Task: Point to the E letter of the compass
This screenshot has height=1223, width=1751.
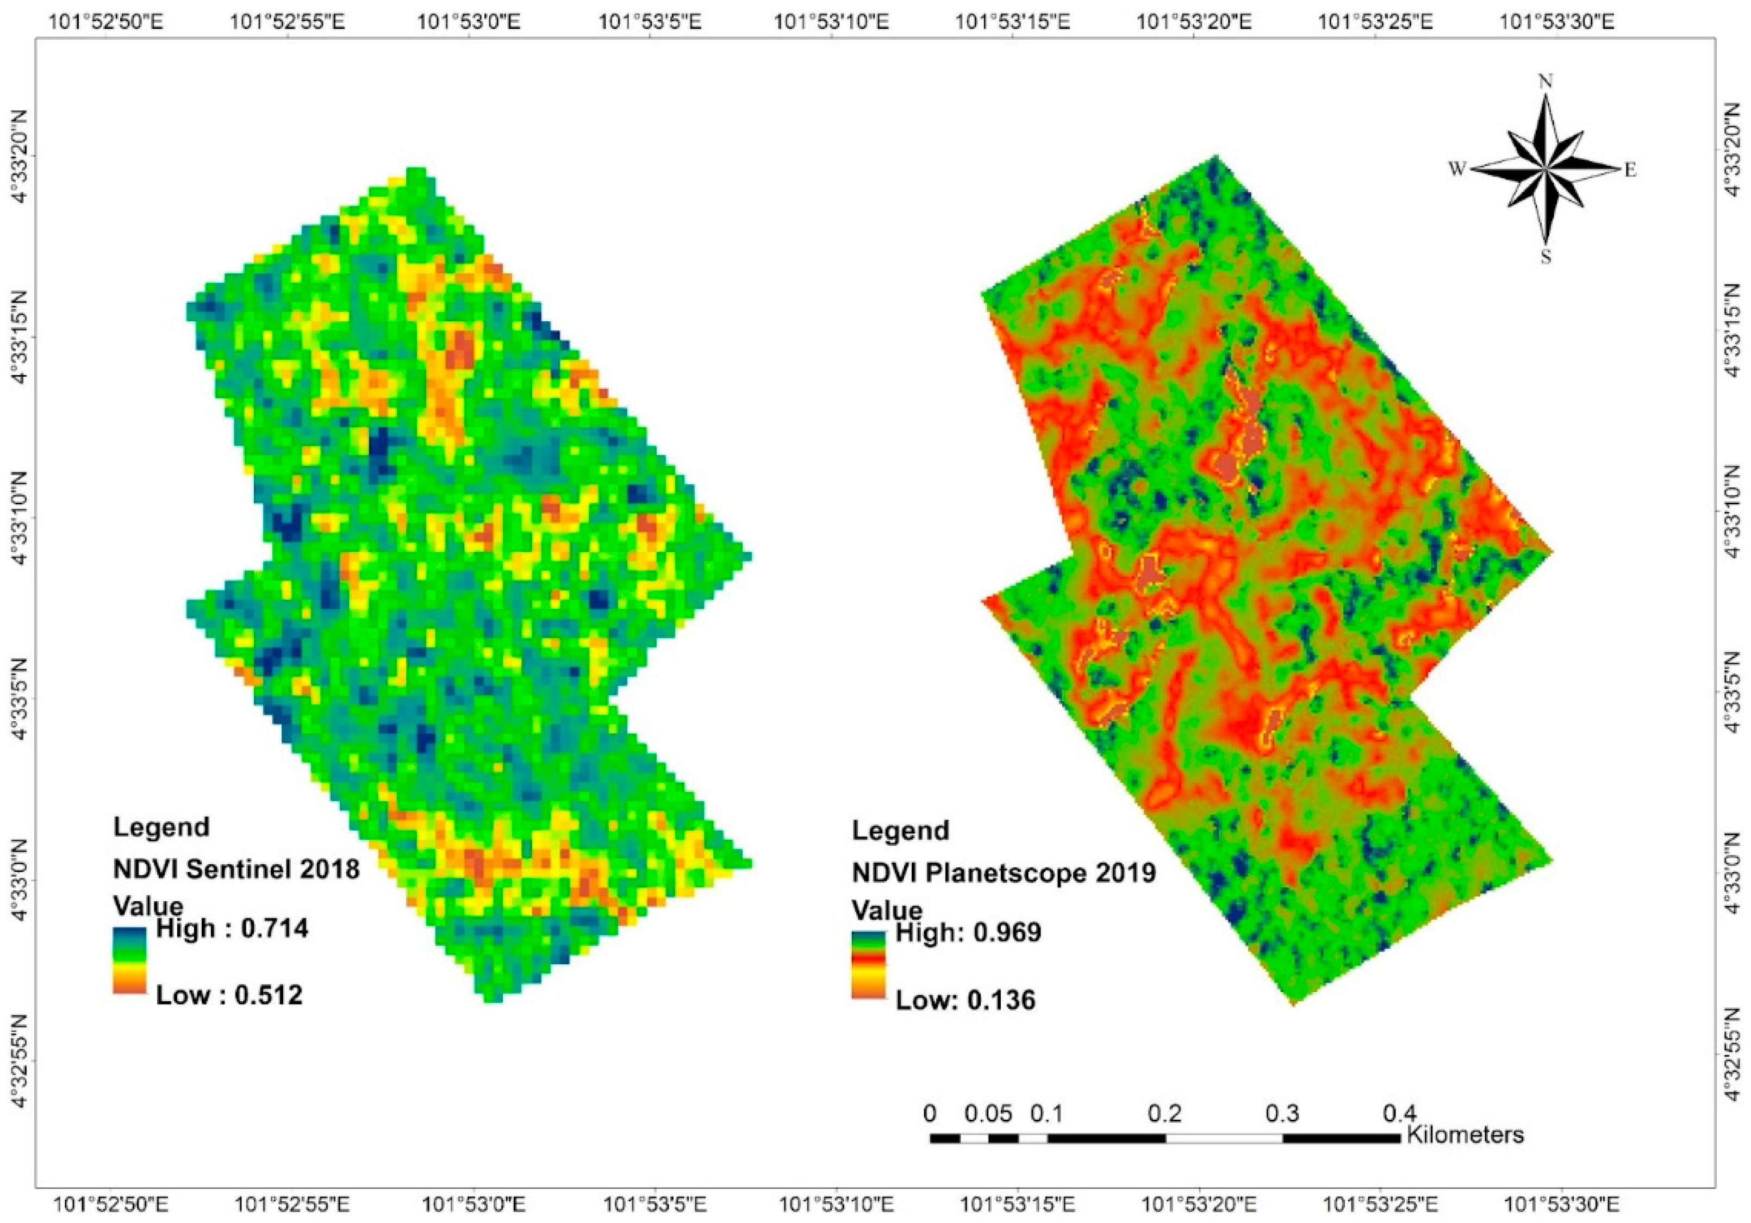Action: (x=1630, y=170)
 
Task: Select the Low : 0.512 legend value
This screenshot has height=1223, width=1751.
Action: (x=229, y=995)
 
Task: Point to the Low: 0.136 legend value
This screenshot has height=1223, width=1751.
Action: (x=965, y=1000)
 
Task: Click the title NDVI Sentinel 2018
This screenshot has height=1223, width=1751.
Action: (x=236, y=869)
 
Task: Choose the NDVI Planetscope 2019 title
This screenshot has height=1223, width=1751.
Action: (x=1004, y=873)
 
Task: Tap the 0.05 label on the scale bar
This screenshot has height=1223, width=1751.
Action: (x=988, y=1114)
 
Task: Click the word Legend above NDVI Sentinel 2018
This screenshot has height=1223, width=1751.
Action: (x=161, y=827)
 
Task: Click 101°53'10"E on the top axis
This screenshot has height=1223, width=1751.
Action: (x=831, y=21)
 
